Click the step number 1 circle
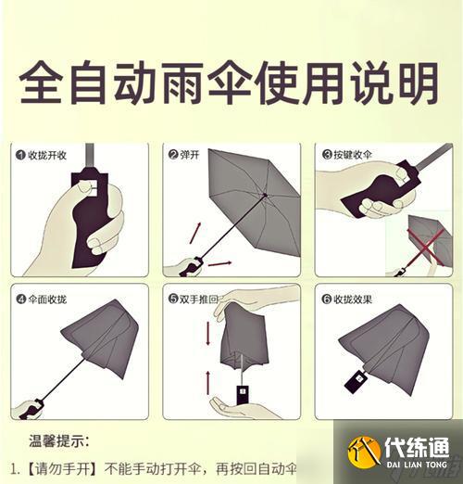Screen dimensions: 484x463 [x=19, y=154]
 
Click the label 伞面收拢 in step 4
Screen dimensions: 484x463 [x=47, y=299]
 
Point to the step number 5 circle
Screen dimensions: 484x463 [x=173, y=299]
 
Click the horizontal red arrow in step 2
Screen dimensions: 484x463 [x=219, y=264]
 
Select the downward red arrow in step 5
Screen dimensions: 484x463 [x=207, y=335]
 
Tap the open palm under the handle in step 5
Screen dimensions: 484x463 [x=243, y=409]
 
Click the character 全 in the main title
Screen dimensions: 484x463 [x=44, y=84]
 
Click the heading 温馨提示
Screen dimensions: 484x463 [x=57, y=440]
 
